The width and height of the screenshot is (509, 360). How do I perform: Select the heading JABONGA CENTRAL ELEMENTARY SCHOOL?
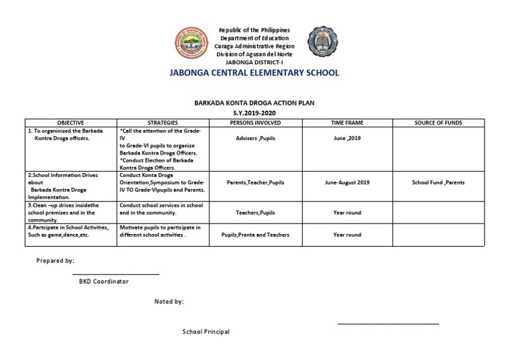pos(254,73)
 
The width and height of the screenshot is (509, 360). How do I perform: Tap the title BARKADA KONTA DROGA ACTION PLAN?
pos(254,103)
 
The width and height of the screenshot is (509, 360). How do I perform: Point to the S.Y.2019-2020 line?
pos(254,113)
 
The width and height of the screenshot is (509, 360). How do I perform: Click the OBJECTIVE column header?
pos(71,123)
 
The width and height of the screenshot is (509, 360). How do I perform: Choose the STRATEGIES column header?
pos(162,123)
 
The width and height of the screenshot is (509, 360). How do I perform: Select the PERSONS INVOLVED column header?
pos(255,123)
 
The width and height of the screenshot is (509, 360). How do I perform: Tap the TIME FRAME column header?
pos(347,123)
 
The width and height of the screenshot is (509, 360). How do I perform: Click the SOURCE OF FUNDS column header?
pos(438,123)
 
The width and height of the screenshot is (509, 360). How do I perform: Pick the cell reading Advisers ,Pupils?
pos(255,139)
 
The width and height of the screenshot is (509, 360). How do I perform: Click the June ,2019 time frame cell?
pos(347,139)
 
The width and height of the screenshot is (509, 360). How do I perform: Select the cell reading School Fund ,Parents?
pos(438,182)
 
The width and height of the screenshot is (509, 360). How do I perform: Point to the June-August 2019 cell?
pos(347,182)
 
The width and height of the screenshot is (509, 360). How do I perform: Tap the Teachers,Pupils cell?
pos(255,213)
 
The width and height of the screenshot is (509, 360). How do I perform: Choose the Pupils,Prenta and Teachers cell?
pos(255,235)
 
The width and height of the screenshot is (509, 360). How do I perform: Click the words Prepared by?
pos(55,261)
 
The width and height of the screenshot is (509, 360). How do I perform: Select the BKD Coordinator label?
pos(103,281)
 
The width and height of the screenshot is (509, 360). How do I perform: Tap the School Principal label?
pos(206,331)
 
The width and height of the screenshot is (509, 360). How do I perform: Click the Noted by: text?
pos(169,302)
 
